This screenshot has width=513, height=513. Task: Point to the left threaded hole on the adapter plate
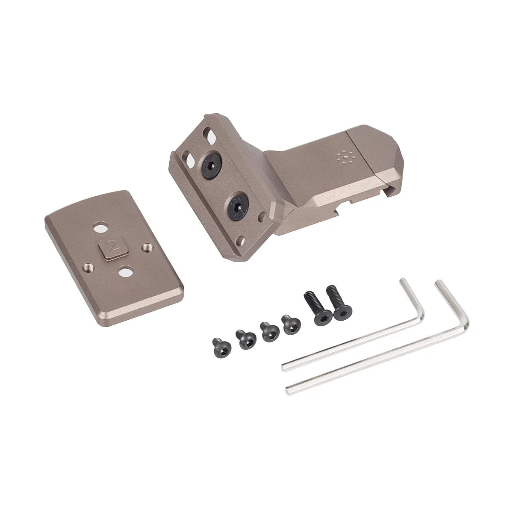point(89,267)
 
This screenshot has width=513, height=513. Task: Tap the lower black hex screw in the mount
point(237,204)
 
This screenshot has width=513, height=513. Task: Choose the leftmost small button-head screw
point(221,344)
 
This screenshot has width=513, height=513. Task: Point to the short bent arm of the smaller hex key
point(413,297)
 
